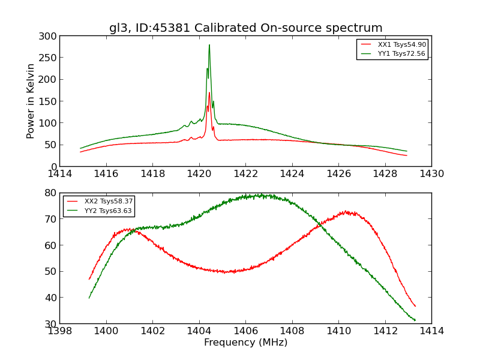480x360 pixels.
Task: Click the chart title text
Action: (x=245, y=28)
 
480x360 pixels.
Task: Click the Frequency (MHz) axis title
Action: (x=245, y=343)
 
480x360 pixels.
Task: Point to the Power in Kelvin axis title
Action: (x=31, y=101)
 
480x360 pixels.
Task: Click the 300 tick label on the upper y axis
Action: (x=50, y=36)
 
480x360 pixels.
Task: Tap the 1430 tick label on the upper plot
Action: (x=431, y=174)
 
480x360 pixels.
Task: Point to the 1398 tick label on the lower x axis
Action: (x=60, y=331)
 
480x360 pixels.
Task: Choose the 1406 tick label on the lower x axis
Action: (x=245, y=331)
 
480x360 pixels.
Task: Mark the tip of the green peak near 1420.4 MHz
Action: (x=209, y=45)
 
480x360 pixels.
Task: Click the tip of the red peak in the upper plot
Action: (x=209, y=92)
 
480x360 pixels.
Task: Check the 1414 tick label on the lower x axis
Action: (x=431, y=331)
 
